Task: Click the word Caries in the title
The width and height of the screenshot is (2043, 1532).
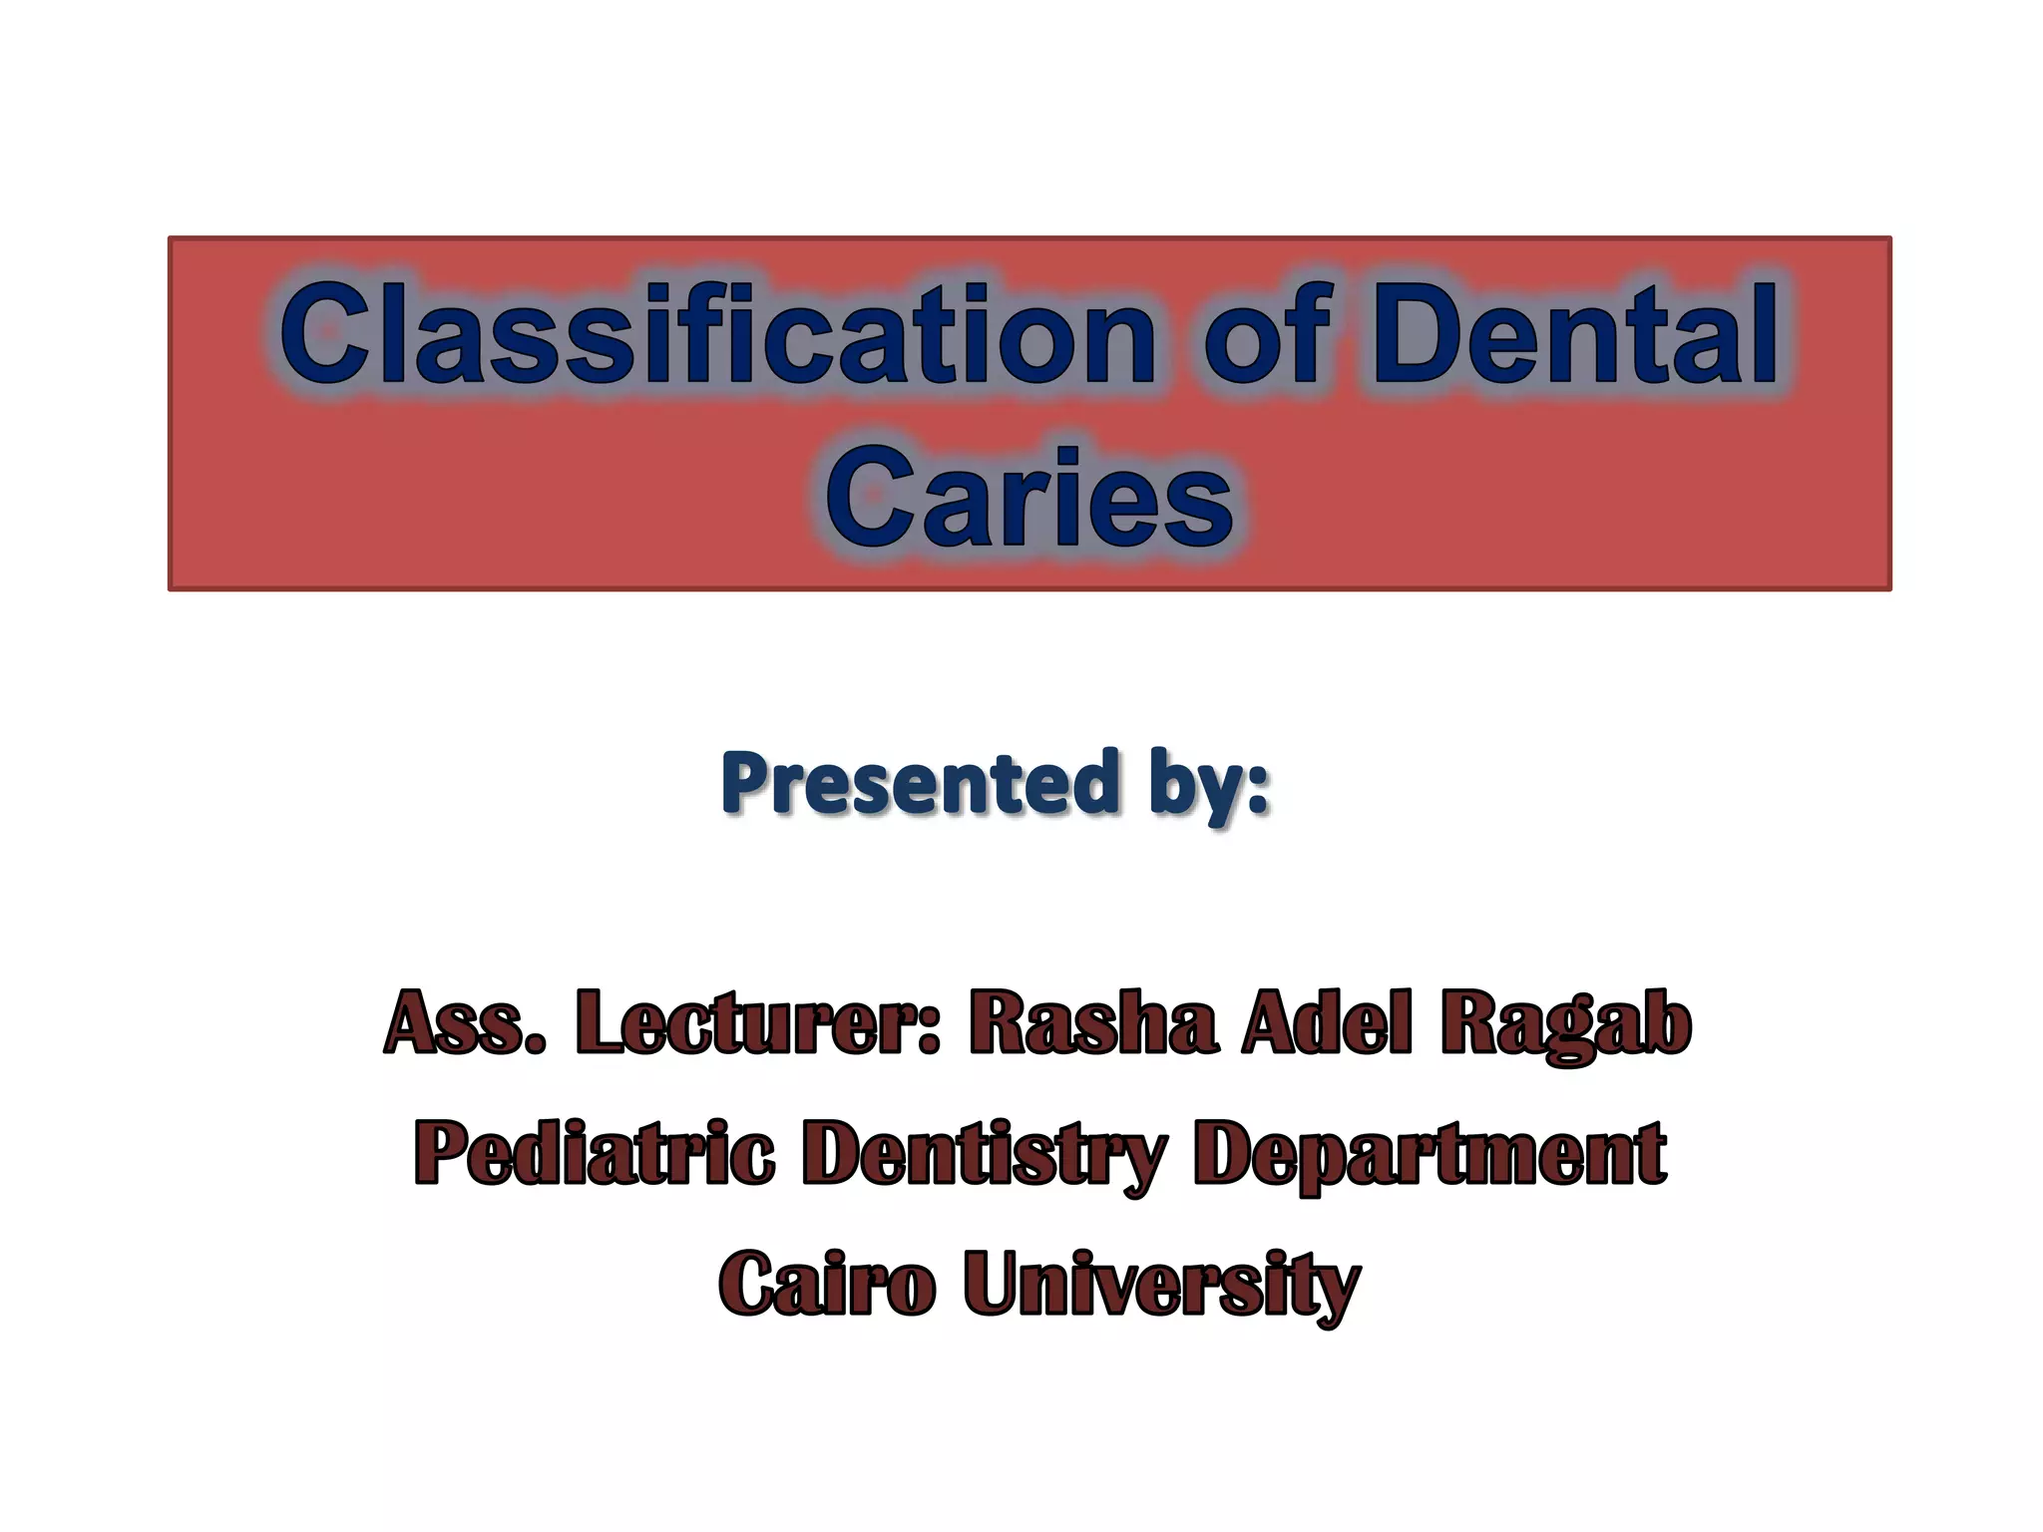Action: [1029, 499]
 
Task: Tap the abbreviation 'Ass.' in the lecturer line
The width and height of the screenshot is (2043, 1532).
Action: [465, 1022]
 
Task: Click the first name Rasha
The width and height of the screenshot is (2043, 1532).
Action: [1092, 1022]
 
